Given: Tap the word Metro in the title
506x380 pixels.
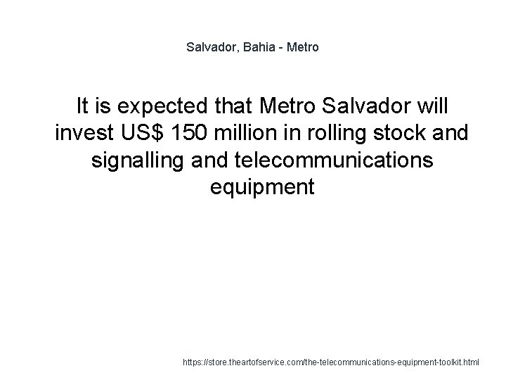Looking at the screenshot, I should click(303, 48).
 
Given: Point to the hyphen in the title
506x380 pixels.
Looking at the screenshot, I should click(281, 48).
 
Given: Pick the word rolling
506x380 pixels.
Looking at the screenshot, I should click(327, 134).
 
